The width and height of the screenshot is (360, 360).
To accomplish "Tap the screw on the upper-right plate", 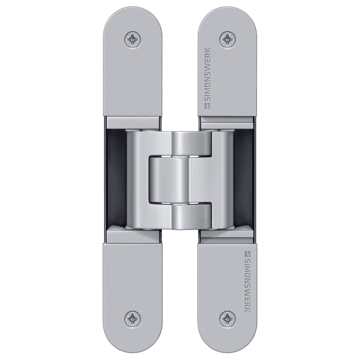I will (x=227, y=39).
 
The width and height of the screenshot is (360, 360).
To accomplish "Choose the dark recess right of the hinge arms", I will (x=243, y=179).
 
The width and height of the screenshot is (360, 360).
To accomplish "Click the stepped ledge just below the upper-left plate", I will (x=133, y=123).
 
